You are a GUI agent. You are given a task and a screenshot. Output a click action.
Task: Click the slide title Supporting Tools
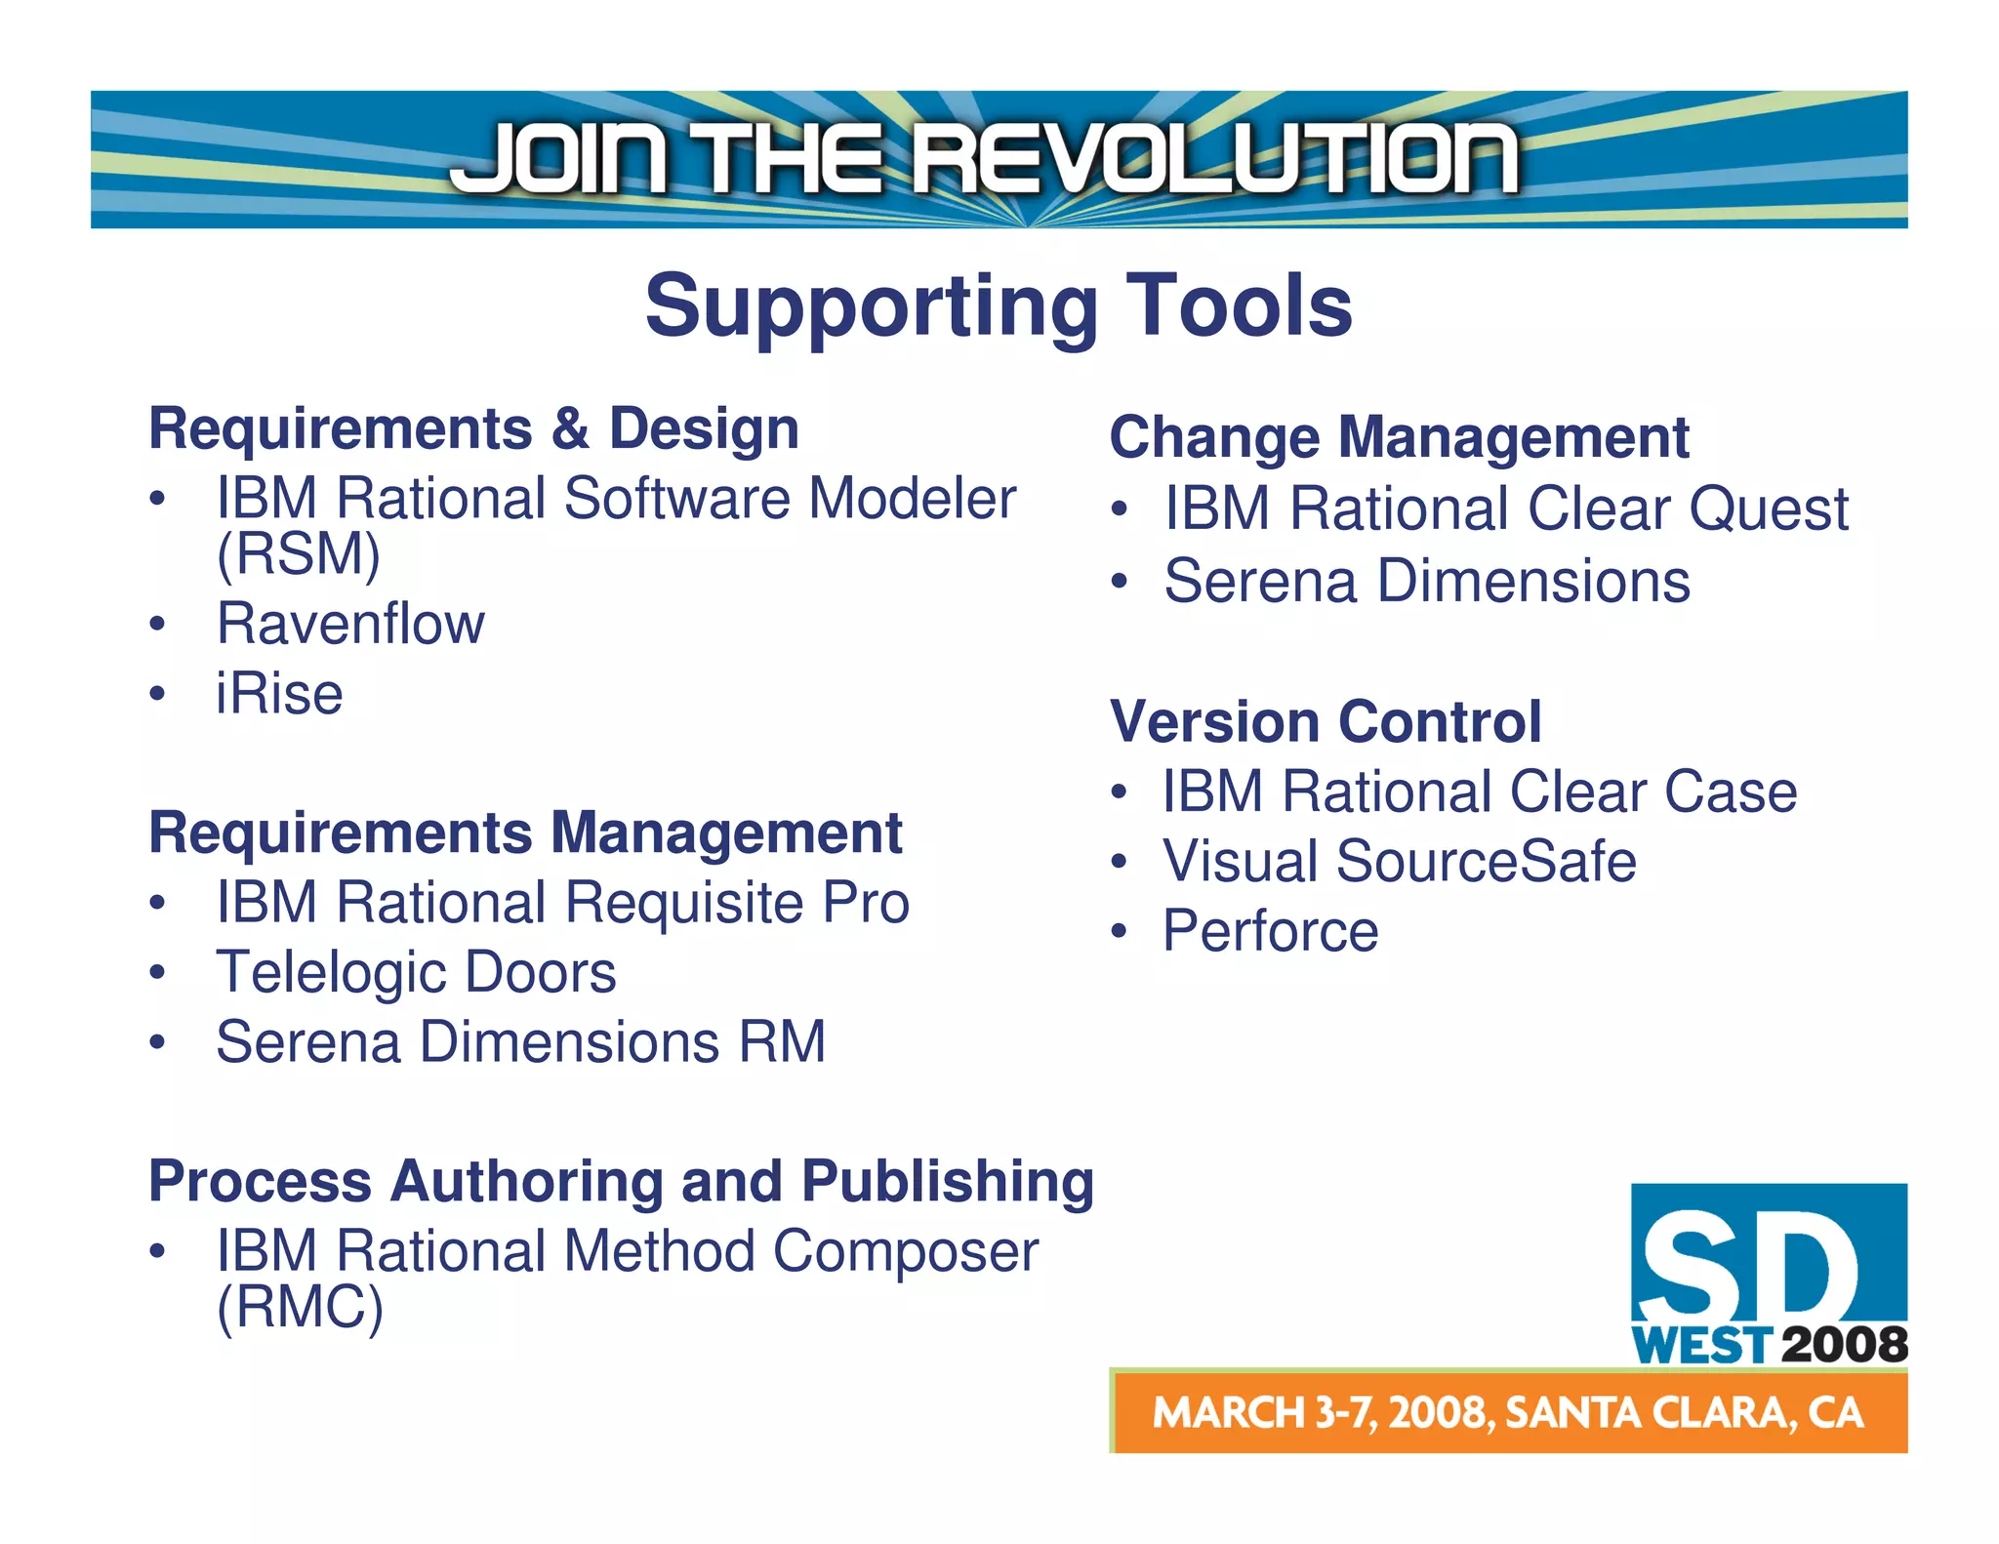pyautogui.click(x=998, y=305)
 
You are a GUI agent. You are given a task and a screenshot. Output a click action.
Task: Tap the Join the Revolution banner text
pyautogui.click(x=983, y=158)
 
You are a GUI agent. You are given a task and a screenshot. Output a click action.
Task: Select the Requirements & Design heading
pyautogui.click(x=473, y=428)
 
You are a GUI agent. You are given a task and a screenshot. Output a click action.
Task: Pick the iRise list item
pyautogui.click(x=279, y=694)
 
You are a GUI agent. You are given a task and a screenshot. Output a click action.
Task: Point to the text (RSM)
pyautogui.click(x=298, y=553)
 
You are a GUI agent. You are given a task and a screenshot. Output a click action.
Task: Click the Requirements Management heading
pyautogui.click(x=525, y=833)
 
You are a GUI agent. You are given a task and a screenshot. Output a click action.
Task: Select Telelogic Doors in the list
pyautogui.click(x=416, y=972)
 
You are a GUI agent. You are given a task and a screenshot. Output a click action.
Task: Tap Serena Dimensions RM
pyautogui.click(x=520, y=1041)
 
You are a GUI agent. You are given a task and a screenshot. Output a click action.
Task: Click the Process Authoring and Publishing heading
pyautogui.click(x=621, y=1181)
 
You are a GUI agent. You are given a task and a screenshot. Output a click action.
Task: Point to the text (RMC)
pyautogui.click(x=300, y=1307)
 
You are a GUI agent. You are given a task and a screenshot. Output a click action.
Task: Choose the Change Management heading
pyautogui.click(x=1399, y=437)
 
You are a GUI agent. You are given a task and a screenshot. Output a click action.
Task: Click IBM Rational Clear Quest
pyautogui.click(x=1505, y=508)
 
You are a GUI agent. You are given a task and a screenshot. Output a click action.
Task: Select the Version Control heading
pyautogui.click(x=1326, y=721)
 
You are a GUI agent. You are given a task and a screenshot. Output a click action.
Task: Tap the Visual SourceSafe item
pyautogui.click(x=1399, y=861)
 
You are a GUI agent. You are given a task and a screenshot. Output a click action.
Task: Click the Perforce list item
pyautogui.click(x=1270, y=930)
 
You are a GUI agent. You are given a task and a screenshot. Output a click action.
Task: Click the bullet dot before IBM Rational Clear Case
pyautogui.click(x=1119, y=792)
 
